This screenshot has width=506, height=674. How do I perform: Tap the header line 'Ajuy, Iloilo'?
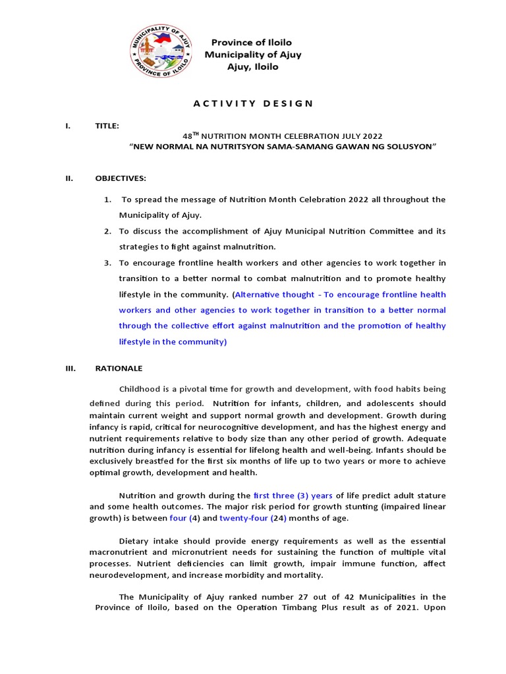(x=252, y=66)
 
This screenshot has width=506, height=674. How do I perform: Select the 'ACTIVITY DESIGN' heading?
(x=253, y=103)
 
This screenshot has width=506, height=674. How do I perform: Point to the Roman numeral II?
(x=68, y=178)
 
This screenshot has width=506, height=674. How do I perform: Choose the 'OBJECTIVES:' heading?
(x=121, y=178)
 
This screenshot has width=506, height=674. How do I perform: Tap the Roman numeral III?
(x=69, y=368)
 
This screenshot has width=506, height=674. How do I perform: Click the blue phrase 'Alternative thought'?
(x=273, y=294)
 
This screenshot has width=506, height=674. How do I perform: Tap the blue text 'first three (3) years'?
(x=293, y=495)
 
